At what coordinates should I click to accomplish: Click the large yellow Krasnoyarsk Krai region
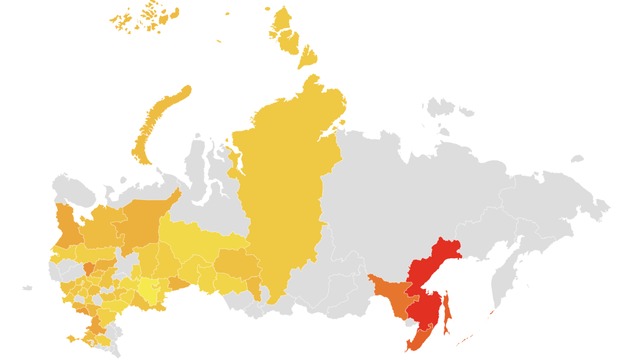(286, 198)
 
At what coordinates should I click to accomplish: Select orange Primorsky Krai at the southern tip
(419, 339)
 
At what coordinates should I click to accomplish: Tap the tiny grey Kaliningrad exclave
(27, 288)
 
